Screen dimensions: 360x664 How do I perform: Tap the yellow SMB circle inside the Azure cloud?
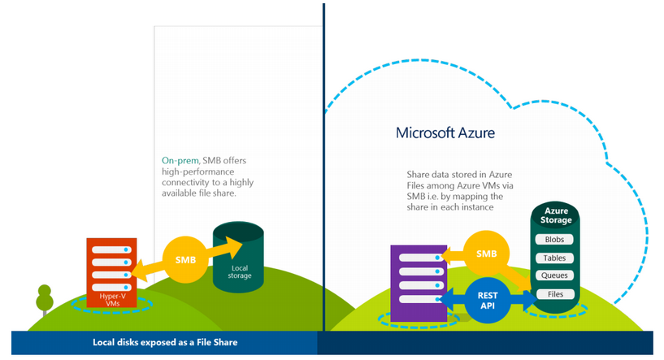coord(486,254)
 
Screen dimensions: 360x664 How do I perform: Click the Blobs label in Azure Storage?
coord(555,240)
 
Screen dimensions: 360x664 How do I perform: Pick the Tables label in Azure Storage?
coord(555,258)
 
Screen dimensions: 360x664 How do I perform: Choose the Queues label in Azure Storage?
coord(555,275)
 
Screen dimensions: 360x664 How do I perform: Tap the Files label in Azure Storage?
coord(555,293)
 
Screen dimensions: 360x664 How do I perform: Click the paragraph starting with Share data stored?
coord(464,190)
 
